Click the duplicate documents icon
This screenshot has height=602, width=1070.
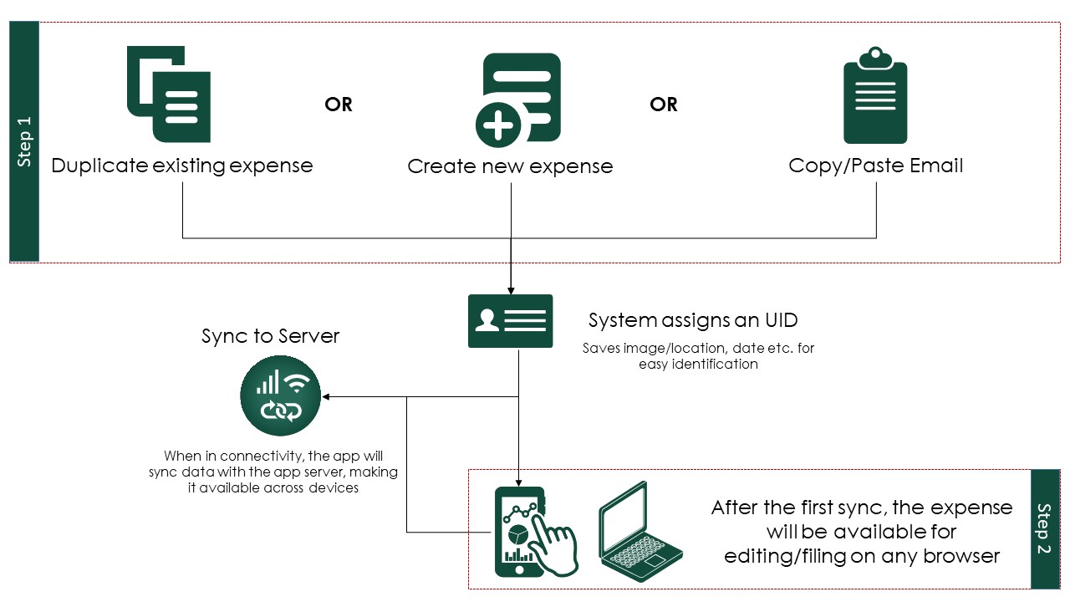coord(169,94)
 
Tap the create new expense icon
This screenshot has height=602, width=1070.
coord(518,99)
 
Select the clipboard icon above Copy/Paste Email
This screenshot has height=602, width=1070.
coord(875,95)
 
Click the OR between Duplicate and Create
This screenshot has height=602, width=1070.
coord(339,105)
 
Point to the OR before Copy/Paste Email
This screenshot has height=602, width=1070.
coord(664,105)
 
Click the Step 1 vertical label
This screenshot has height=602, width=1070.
coord(24,141)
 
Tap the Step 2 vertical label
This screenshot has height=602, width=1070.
coord(1044,528)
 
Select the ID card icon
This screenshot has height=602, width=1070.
coord(510,321)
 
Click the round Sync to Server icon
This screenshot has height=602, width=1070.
coord(280,395)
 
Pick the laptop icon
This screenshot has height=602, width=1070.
coord(640,531)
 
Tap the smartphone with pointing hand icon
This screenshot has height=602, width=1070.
coord(536,532)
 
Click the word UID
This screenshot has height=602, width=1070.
coord(782,320)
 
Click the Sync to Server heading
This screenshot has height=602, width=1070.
coord(270,336)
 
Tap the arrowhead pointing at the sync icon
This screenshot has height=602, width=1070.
coord(325,396)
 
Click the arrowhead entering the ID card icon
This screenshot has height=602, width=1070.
coord(511,291)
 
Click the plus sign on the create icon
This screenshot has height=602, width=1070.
coord(498,125)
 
